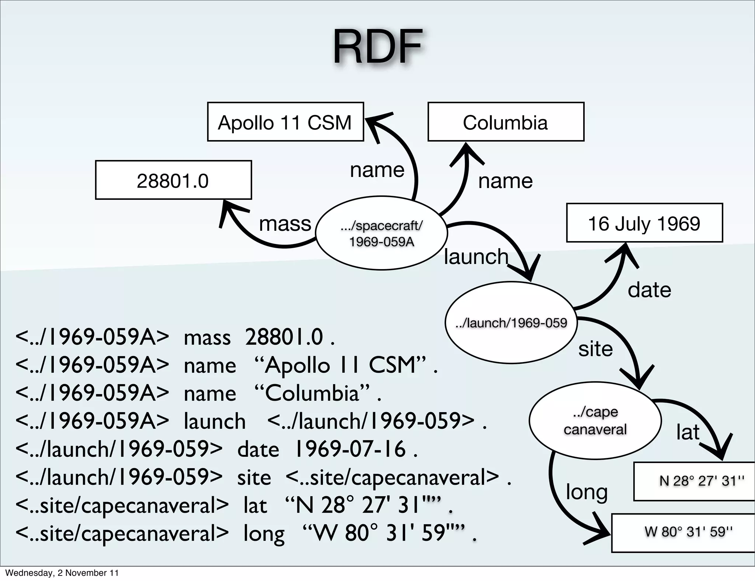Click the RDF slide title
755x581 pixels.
(377, 47)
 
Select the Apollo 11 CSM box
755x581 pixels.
(285, 122)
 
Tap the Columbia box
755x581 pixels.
(505, 122)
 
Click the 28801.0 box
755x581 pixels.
(173, 180)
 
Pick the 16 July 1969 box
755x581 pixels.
(644, 223)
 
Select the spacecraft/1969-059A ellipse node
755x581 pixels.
(382, 233)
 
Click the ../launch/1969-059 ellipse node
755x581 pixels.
(511, 323)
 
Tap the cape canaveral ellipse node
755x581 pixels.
(595, 421)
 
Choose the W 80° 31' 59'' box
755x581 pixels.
(688, 532)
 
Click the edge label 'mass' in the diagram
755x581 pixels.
(285, 223)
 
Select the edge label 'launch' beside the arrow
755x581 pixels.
(476, 257)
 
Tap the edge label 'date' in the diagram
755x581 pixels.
(649, 290)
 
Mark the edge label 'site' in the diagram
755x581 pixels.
(595, 349)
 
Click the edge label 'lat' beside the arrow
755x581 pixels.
(688, 432)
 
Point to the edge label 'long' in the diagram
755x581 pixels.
(587, 492)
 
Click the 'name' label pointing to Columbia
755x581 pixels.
(505, 181)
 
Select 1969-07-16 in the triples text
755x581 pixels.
(350, 449)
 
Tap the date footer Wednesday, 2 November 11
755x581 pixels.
(62, 573)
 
